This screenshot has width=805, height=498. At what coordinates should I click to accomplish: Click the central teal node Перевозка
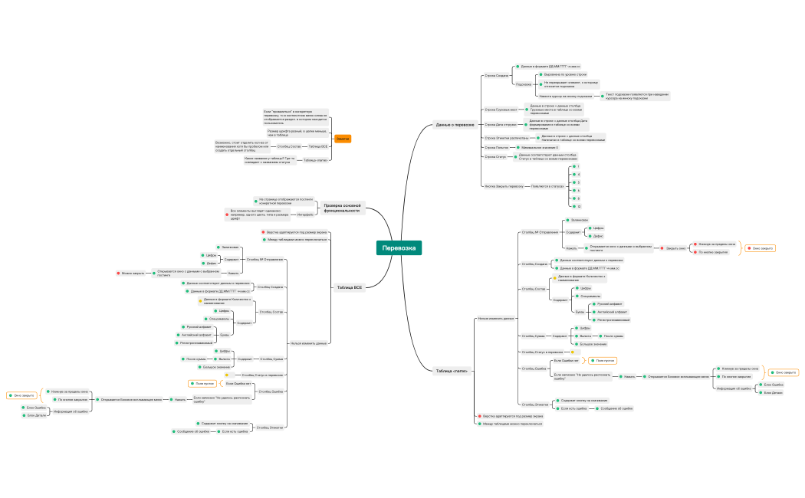click(x=399, y=248)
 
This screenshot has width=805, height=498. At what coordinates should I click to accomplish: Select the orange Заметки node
click(x=343, y=139)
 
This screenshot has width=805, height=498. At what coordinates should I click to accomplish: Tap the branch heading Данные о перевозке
click(x=455, y=124)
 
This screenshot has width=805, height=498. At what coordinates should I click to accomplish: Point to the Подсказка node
click(x=524, y=84)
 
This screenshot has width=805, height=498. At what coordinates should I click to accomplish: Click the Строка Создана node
click(x=496, y=76)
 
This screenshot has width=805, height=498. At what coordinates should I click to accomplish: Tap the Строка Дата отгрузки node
click(x=501, y=124)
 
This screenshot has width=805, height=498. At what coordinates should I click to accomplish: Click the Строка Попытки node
click(x=497, y=147)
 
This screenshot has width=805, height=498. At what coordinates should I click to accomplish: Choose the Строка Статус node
click(x=495, y=156)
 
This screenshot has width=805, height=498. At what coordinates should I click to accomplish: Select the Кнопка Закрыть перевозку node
click(x=504, y=185)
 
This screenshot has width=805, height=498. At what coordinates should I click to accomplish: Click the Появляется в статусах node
click(x=547, y=185)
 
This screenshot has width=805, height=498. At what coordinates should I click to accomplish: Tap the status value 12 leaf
click(x=579, y=206)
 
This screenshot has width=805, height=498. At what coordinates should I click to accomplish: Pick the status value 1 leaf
click(x=578, y=166)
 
